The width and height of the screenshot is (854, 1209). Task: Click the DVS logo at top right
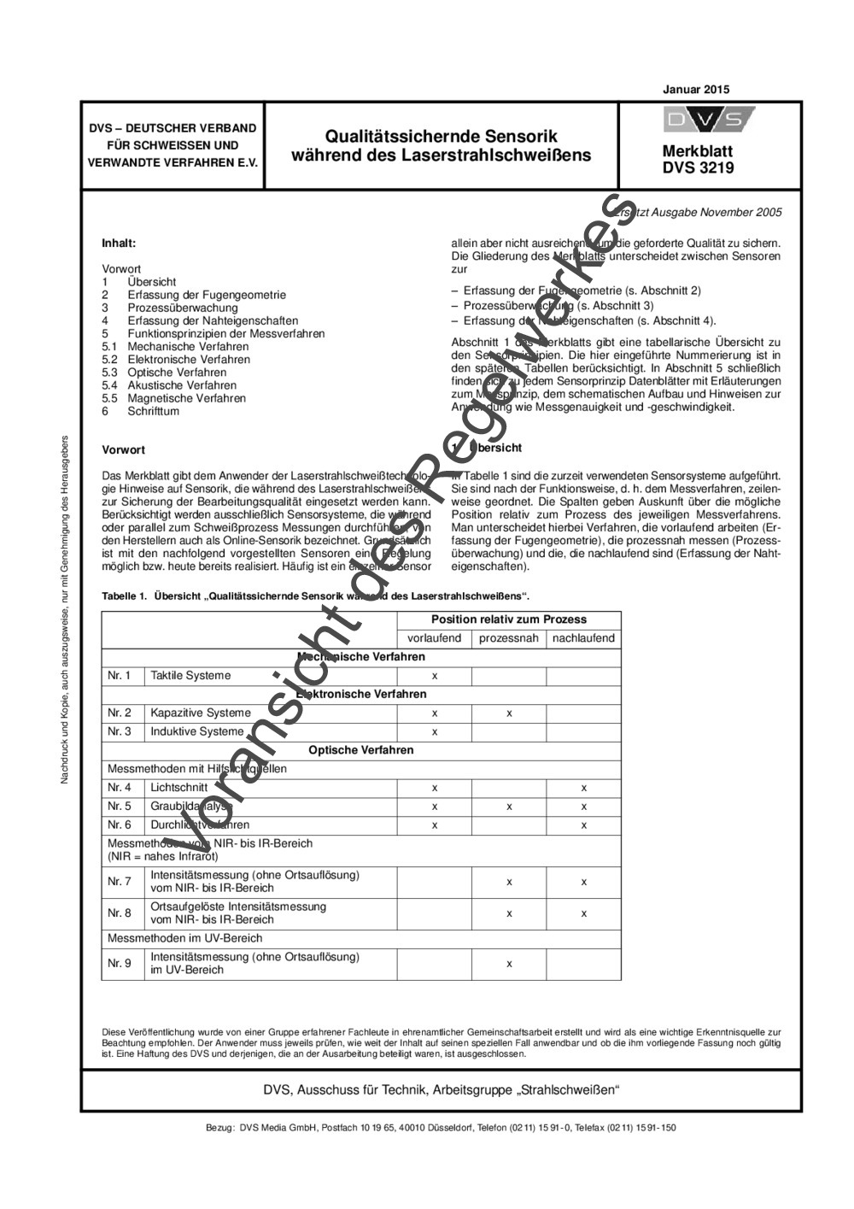pyautogui.click(x=708, y=120)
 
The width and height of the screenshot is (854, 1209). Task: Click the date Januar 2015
pyautogui.click(x=696, y=89)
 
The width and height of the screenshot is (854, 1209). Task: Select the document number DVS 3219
pyautogui.click(x=698, y=168)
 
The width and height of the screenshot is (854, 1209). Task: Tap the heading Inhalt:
pyautogui.click(x=119, y=243)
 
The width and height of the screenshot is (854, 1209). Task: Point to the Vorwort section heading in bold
pyautogui.click(x=123, y=449)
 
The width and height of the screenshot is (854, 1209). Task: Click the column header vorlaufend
pyautogui.click(x=434, y=638)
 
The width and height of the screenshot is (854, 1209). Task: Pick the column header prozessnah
pyautogui.click(x=508, y=638)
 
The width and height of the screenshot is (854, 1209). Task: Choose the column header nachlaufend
pyautogui.click(x=583, y=638)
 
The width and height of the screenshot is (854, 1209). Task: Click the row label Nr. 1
pyautogui.click(x=120, y=675)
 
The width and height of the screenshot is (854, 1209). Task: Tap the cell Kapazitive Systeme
pyautogui.click(x=201, y=713)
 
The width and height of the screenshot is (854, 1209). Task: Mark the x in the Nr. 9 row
pyautogui.click(x=509, y=964)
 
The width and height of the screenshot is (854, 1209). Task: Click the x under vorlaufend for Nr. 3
pyautogui.click(x=435, y=731)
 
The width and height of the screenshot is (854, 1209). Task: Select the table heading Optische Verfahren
pyautogui.click(x=360, y=750)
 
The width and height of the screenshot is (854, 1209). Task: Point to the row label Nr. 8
pyautogui.click(x=120, y=913)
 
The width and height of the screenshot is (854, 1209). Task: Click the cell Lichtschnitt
pyautogui.click(x=178, y=788)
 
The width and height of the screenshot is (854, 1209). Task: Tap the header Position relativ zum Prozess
pyautogui.click(x=508, y=619)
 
